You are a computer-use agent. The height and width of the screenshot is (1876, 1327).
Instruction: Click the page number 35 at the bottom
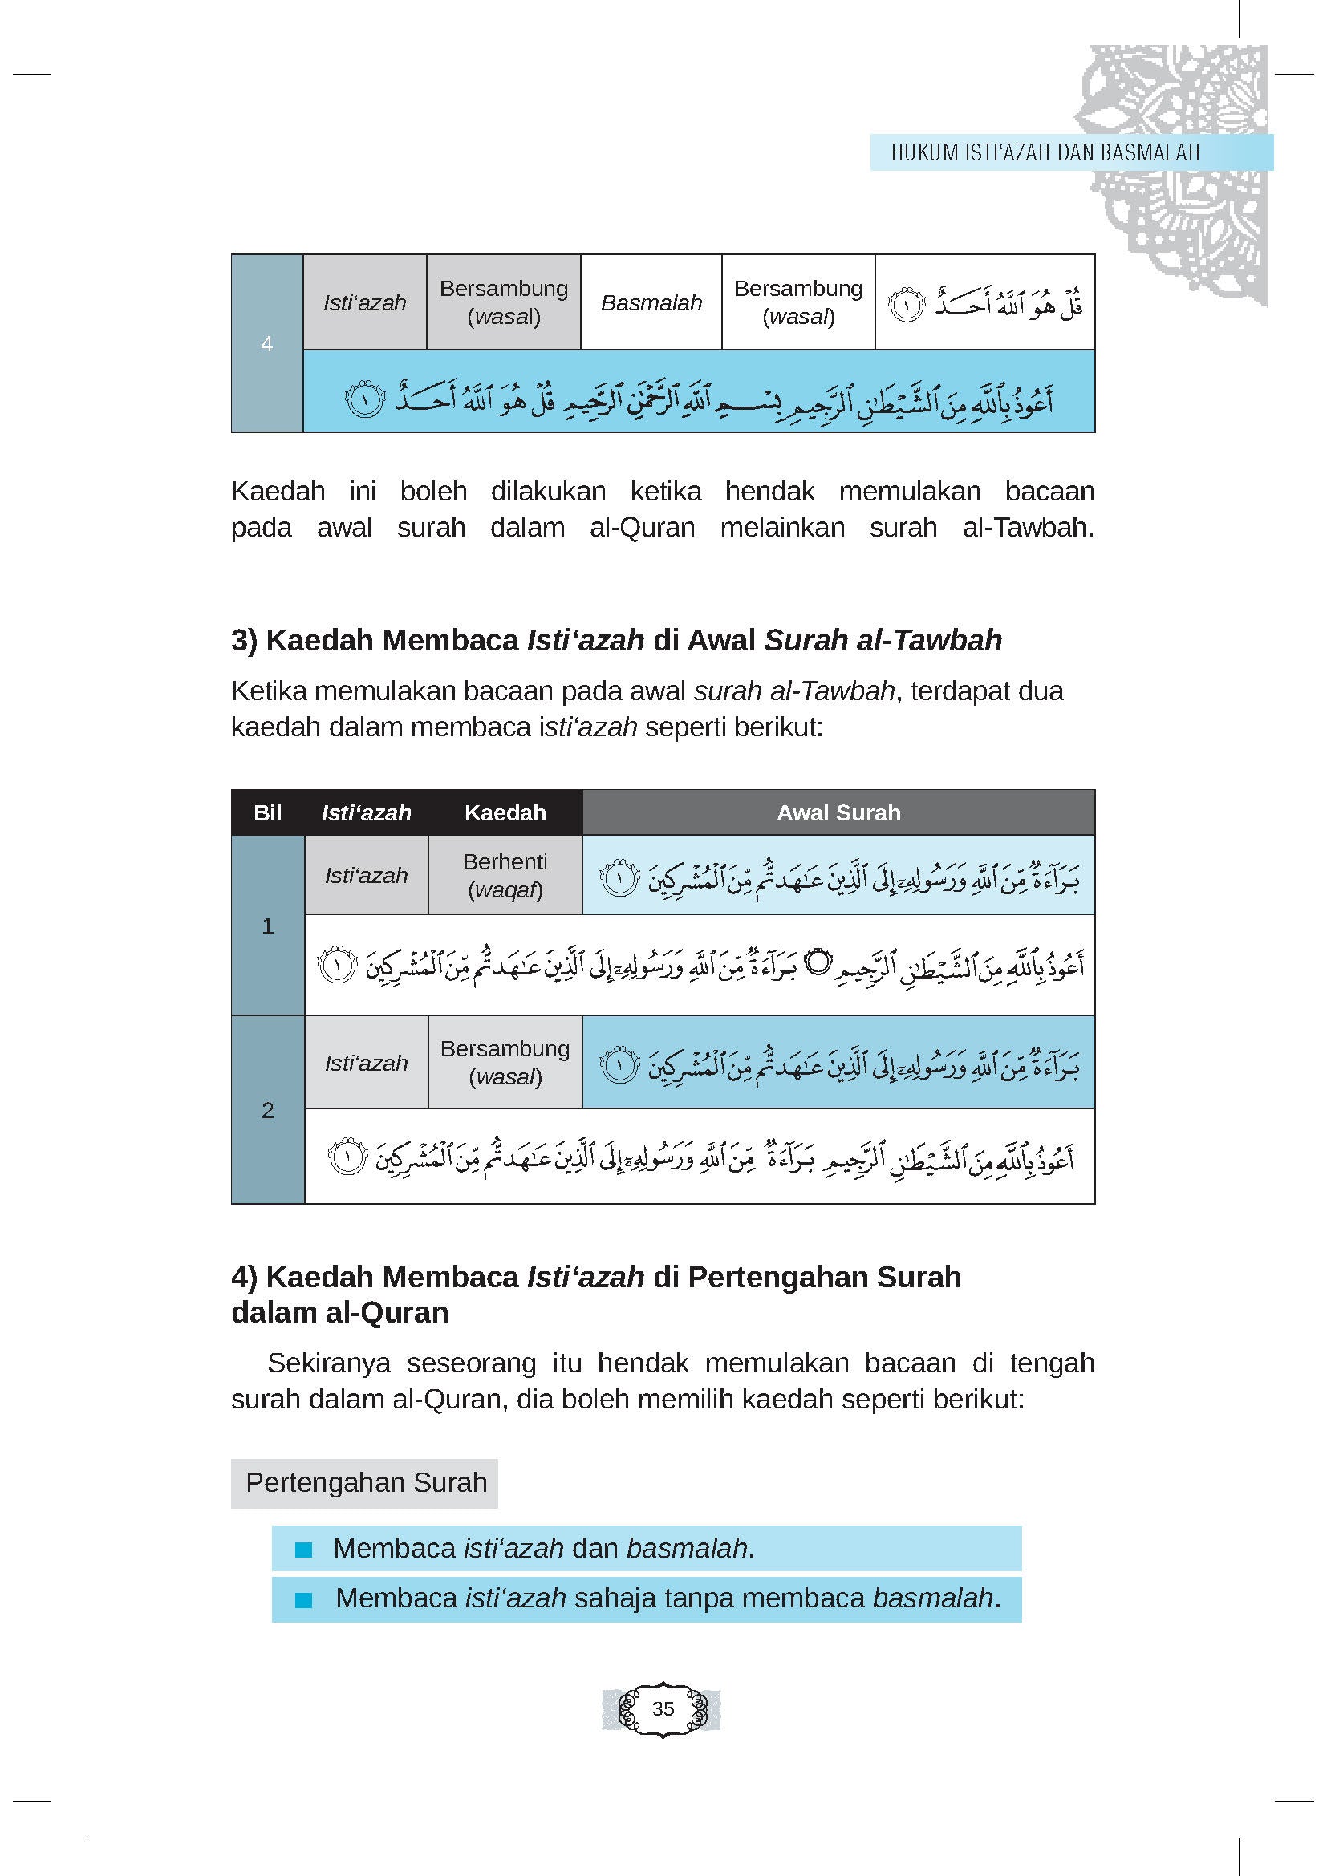(x=663, y=1708)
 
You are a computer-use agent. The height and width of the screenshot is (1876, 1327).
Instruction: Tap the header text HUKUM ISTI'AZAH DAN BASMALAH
(x=1045, y=153)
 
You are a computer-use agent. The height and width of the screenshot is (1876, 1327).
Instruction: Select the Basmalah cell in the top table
(x=651, y=303)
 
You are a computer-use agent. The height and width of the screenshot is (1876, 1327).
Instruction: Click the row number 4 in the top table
(x=266, y=344)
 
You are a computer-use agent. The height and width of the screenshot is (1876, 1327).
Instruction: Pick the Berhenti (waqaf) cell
(x=505, y=876)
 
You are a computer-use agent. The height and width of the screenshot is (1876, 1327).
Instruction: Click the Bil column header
(x=267, y=813)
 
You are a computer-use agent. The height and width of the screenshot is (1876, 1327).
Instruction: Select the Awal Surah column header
(x=838, y=813)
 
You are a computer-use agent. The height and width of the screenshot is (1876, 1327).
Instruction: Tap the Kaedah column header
(x=505, y=813)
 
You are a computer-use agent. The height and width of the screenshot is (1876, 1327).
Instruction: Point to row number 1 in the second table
(x=267, y=926)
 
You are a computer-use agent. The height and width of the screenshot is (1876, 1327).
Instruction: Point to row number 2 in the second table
(x=267, y=1110)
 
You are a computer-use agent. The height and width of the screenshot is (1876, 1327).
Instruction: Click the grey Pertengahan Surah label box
(x=365, y=1482)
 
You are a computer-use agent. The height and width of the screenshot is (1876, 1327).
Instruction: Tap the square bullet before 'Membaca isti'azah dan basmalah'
(x=304, y=1550)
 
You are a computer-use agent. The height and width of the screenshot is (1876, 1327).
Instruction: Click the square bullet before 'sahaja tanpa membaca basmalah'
(x=304, y=1600)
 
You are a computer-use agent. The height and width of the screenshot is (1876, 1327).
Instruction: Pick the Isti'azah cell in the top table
(x=364, y=303)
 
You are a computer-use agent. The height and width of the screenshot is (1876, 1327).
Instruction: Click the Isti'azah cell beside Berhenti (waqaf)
(x=366, y=876)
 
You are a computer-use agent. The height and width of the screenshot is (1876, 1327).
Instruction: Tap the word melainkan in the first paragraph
(x=782, y=528)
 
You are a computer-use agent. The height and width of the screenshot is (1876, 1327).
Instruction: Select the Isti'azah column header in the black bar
(x=366, y=813)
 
